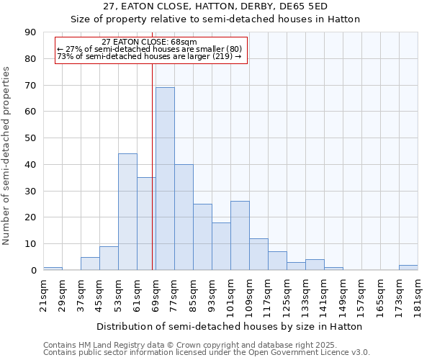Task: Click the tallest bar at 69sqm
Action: pos(165,179)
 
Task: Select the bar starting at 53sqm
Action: pos(127,212)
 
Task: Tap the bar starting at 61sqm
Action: pos(146,224)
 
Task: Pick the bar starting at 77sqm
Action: pos(184,217)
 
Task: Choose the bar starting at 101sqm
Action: pos(240,235)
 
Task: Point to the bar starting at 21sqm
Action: pos(53,269)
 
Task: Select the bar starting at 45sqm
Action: pos(109,258)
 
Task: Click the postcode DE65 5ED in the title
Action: pos(305,6)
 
